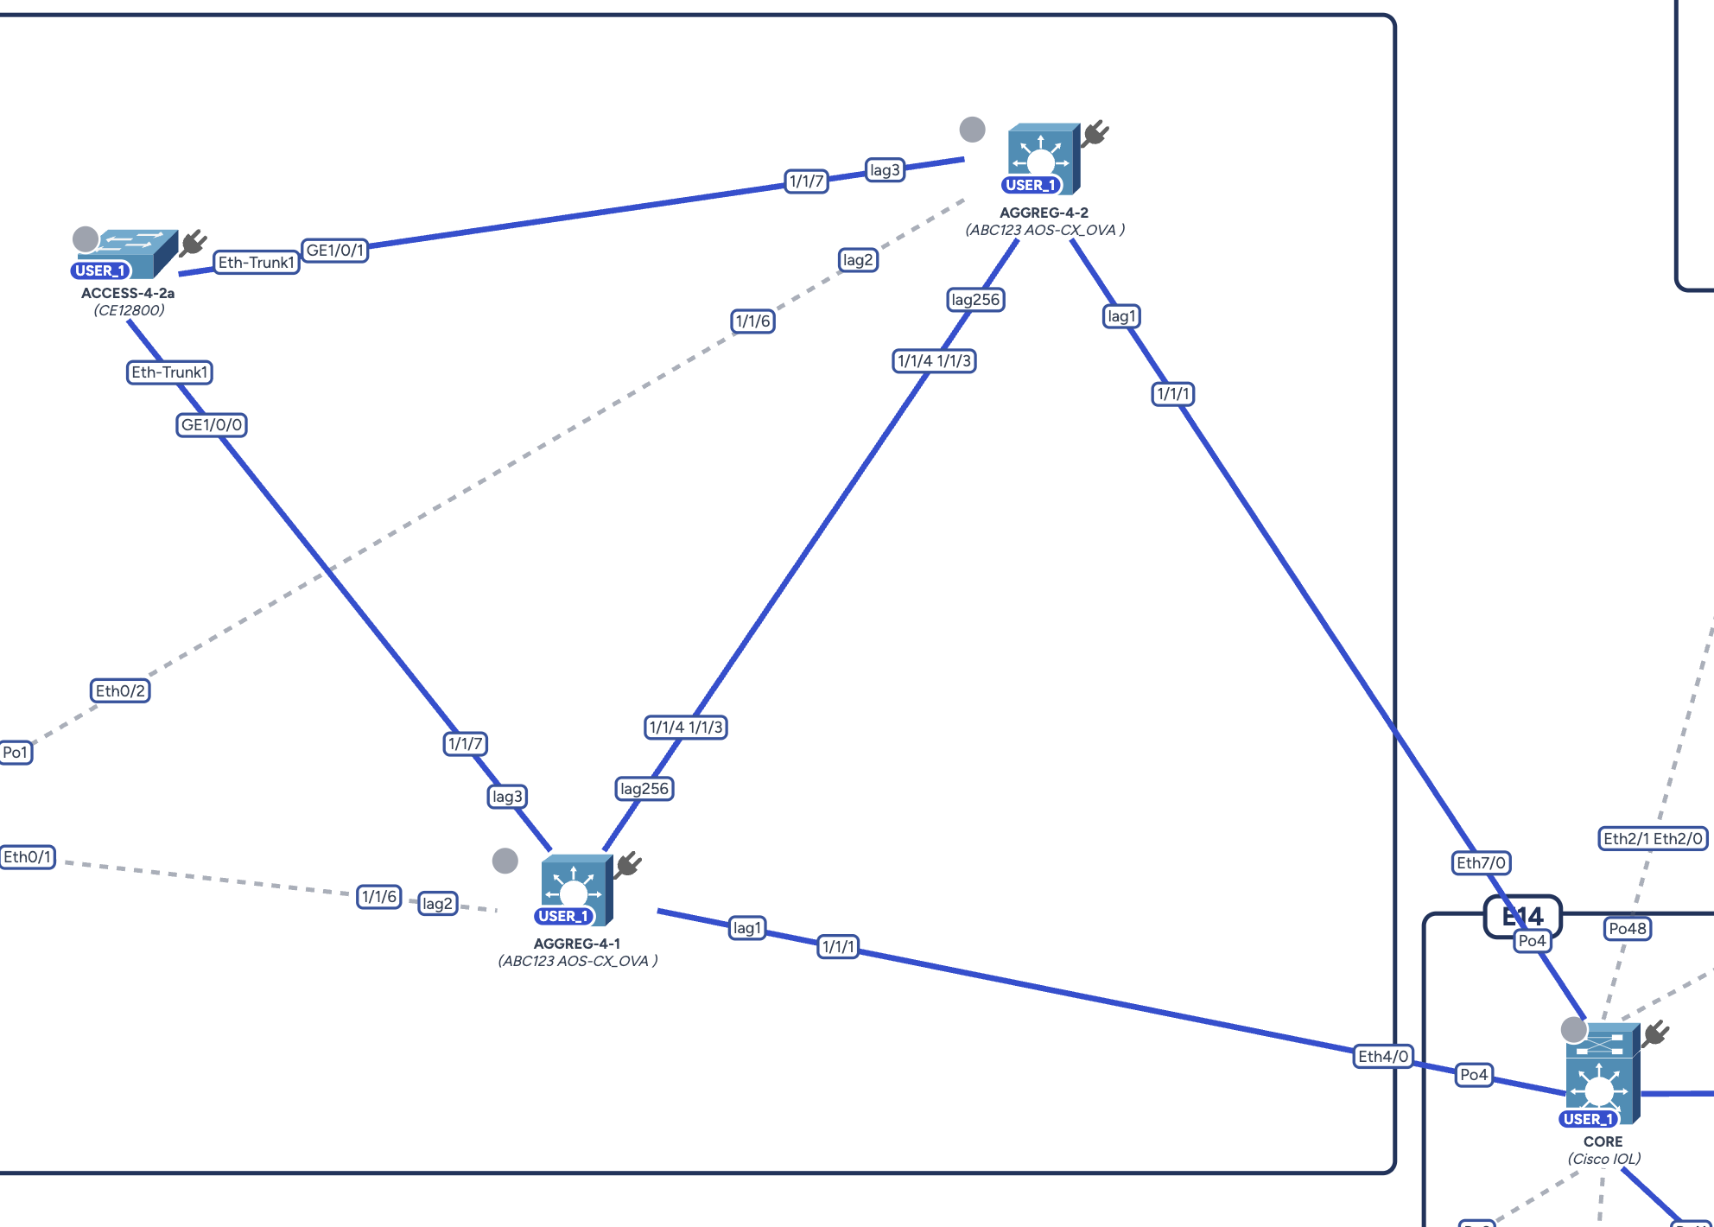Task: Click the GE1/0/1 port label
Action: pos(335,251)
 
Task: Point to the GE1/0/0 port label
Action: pos(212,425)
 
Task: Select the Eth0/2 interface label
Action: pos(120,691)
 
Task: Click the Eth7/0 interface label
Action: pos(1481,863)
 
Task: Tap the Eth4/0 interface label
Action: pos(1382,1057)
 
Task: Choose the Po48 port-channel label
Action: pos(1628,929)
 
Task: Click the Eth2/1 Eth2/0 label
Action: pos(1653,839)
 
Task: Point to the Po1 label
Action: pos(16,753)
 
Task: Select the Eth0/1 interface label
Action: pos(28,857)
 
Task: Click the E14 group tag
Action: pos(1522,916)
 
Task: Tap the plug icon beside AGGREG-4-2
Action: pos(1095,133)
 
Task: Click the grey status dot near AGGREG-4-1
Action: pos(505,861)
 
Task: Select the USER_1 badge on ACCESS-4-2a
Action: pos(100,270)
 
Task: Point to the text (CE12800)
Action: pos(129,310)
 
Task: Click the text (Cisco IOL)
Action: pos(1603,1160)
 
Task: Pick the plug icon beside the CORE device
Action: pos(1656,1033)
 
